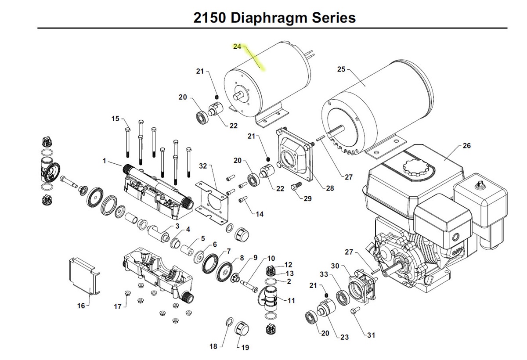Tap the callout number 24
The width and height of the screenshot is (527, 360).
[x=237, y=47]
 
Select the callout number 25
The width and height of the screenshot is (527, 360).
[x=341, y=69]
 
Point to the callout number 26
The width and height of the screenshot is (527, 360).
[x=466, y=146]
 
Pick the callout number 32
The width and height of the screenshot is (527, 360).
[x=202, y=166]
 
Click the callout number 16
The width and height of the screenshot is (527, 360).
[x=81, y=306]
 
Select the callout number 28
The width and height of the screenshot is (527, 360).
[x=329, y=188]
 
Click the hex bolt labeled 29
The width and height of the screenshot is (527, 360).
[x=295, y=187]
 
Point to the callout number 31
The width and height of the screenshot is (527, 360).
[x=371, y=335]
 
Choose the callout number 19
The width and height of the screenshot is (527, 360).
[x=245, y=347]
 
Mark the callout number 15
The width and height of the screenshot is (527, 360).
[x=115, y=119]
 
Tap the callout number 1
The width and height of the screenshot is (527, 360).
[x=105, y=161]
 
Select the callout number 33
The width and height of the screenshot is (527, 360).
[x=324, y=274]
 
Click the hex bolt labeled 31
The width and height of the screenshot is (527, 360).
[x=355, y=311]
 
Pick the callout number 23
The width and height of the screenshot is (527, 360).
[x=344, y=337]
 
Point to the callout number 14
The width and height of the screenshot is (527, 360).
[x=260, y=214]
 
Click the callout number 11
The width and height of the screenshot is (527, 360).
[x=291, y=301]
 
